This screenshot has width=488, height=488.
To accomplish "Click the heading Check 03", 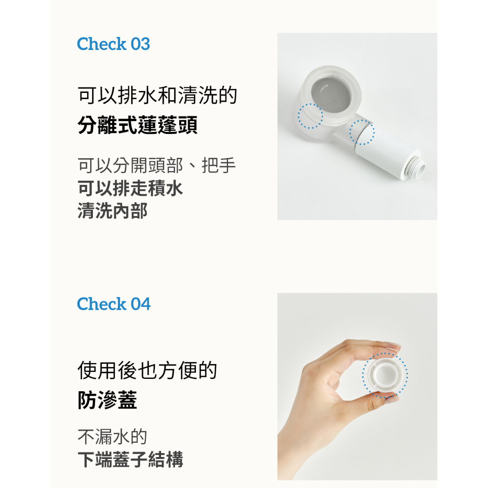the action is coord(113,44).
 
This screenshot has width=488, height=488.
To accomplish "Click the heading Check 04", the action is coord(113,304).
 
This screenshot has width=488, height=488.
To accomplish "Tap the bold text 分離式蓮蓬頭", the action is coord(137,125).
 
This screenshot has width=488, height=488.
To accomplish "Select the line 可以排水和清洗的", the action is coord(157,95).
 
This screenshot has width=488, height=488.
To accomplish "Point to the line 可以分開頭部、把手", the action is coord(156,165).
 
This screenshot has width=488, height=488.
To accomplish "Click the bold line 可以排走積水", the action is coord(130,188).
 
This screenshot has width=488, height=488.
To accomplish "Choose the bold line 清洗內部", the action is coord(112,211).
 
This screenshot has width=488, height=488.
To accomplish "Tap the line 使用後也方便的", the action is coord(147,370).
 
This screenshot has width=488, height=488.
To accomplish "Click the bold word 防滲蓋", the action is coord(107,400).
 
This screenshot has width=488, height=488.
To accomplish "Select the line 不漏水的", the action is coord(112,437).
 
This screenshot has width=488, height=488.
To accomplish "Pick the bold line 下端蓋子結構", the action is coord(131,459).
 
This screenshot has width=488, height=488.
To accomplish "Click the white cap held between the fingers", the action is coord(385,375).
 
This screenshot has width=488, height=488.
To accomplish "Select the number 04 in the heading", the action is coord(141,304).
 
